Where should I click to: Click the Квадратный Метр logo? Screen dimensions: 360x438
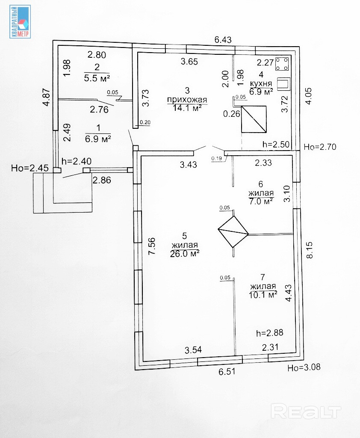[x=20, y=22]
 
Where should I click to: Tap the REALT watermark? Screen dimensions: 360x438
[x=307, y=411]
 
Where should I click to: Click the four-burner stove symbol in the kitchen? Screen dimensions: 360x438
[x=282, y=65]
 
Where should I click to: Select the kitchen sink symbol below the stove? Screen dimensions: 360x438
[x=283, y=83]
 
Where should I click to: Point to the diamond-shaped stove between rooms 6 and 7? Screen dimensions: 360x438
[x=233, y=231]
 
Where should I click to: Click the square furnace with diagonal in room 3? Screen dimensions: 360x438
[x=254, y=119]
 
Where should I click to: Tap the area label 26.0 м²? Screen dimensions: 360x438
[x=186, y=253]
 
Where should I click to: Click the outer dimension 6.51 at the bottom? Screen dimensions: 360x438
[x=227, y=372]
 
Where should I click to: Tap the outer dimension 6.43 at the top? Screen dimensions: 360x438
[x=223, y=40]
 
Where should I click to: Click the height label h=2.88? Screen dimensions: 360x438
[x=269, y=332]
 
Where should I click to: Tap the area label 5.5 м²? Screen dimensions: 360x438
[x=97, y=78]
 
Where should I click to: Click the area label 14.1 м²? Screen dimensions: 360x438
[x=187, y=108]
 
